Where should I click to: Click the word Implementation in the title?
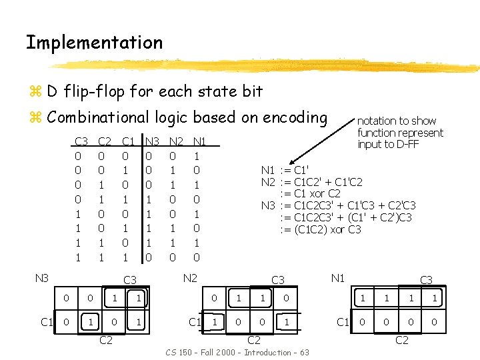94,43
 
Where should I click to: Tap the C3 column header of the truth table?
81,141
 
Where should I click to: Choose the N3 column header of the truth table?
153,141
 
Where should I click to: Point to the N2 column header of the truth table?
176,141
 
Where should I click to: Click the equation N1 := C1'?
285,170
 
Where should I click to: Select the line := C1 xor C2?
312,194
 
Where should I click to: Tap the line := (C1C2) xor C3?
321,229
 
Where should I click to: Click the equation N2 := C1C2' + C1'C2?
311,182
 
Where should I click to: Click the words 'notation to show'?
397,121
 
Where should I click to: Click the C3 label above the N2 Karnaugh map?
277,281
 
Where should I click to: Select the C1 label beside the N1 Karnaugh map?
343,323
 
